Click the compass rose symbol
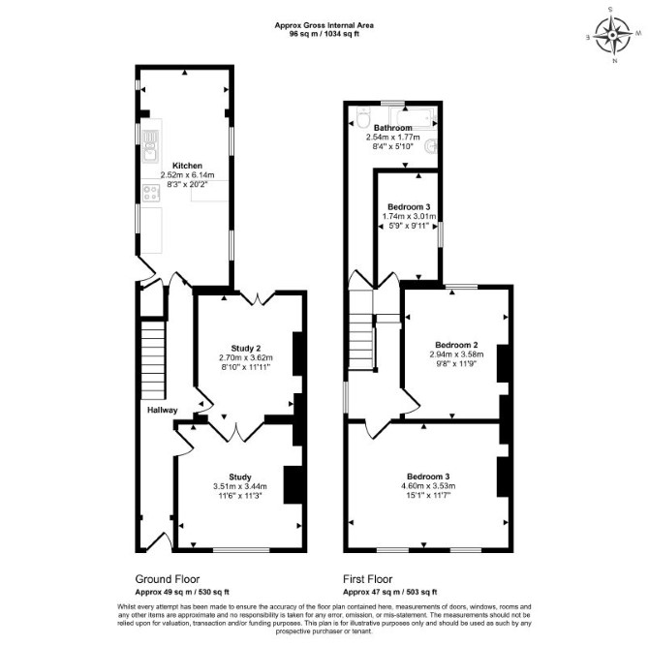[613, 36]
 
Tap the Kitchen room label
[188, 166]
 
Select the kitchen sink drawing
[150, 145]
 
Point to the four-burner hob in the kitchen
[151, 193]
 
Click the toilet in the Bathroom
[363, 118]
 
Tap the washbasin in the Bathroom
[431, 146]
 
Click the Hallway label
[163, 410]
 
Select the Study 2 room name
[246, 348]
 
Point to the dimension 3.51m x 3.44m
[240, 486]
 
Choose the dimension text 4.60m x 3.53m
[428, 486]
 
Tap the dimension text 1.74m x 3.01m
[409, 216]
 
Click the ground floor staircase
[153, 359]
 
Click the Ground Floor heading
[168, 579]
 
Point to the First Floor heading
[367, 579]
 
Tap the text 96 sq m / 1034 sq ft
[324, 34]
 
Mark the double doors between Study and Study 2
[236, 430]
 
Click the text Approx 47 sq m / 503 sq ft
[390, 592]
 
